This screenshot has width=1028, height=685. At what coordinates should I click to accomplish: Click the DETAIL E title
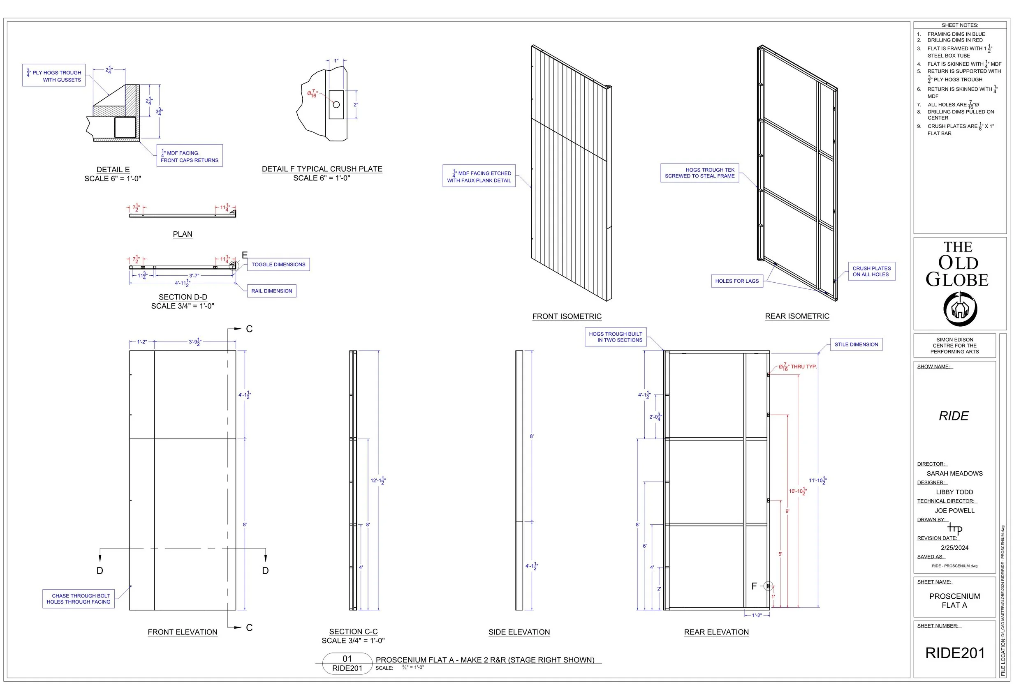click(113, 169)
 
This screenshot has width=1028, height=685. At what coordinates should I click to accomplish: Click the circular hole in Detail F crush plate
click(336, 105)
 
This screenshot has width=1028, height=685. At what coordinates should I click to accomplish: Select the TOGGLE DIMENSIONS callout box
click(278, 265)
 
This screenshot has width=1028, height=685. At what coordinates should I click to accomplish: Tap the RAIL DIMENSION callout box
click(271, 291)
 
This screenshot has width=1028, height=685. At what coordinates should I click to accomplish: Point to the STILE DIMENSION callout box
click(856, 345)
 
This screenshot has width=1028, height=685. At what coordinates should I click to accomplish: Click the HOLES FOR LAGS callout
click(736, 281)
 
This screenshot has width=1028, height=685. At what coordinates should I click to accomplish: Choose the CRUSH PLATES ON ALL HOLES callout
click(871, 272)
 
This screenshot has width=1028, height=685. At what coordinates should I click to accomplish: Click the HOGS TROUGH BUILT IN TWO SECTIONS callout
click(616, 337)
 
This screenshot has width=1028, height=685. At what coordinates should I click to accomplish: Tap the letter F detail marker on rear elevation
click(754, 586)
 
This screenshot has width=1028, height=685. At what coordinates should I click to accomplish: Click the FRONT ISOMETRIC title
click(567, 316)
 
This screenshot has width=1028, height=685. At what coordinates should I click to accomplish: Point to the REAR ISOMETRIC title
click(797, 316)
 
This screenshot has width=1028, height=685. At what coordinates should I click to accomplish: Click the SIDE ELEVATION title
click(519, 632)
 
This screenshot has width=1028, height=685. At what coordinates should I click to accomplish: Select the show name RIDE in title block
click(954, 416)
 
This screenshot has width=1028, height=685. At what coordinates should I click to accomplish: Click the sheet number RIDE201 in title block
click(954, 653)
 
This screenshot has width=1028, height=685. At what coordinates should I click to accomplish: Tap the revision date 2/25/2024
click(954, 548)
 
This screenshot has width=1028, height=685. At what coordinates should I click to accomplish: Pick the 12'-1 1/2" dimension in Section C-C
click(377, 480)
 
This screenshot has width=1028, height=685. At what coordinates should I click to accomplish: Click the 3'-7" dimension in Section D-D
click(194, 276)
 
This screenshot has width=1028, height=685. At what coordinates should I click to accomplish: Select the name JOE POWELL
click(954, 511)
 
